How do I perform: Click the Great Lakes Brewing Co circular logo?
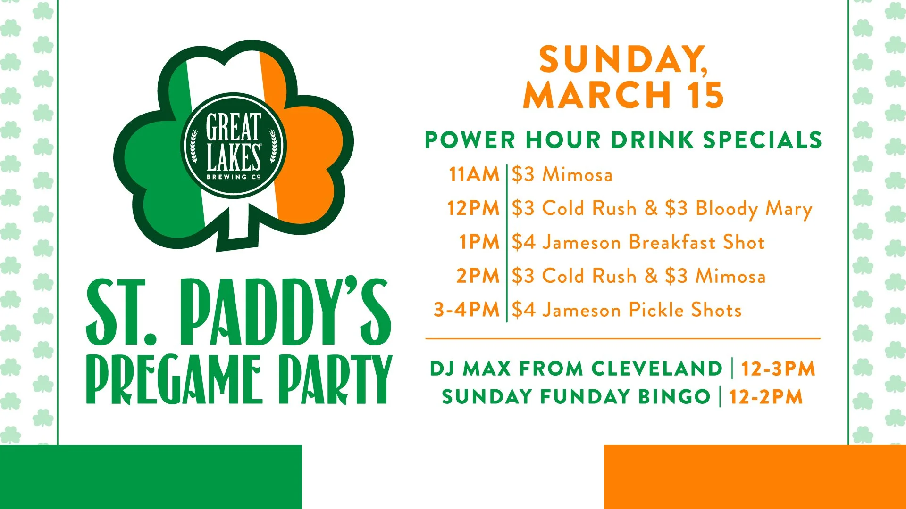pyautogui.click(x=234, y=145)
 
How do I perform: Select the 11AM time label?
pyautogui.click(x=474, y=174)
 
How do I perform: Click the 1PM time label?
pyautogui.click(x=479, y=242)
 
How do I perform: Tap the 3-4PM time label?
pyautogui.click(x=466, y=310)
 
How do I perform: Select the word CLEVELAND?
pyautogui.click(x=656, y=369)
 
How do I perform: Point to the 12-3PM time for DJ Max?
pyautogui.click(x=778, y=369)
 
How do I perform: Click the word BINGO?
pyautogui.click(x=674, y=397)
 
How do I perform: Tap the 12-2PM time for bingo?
pyautogui.click(x=765, y=397)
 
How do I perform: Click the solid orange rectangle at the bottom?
pyautogui.click(x=755, y=477)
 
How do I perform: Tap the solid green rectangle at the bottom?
pyautogui.click(x=151, y=477)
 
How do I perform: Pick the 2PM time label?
pyautogui.click(x=478, y=276)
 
